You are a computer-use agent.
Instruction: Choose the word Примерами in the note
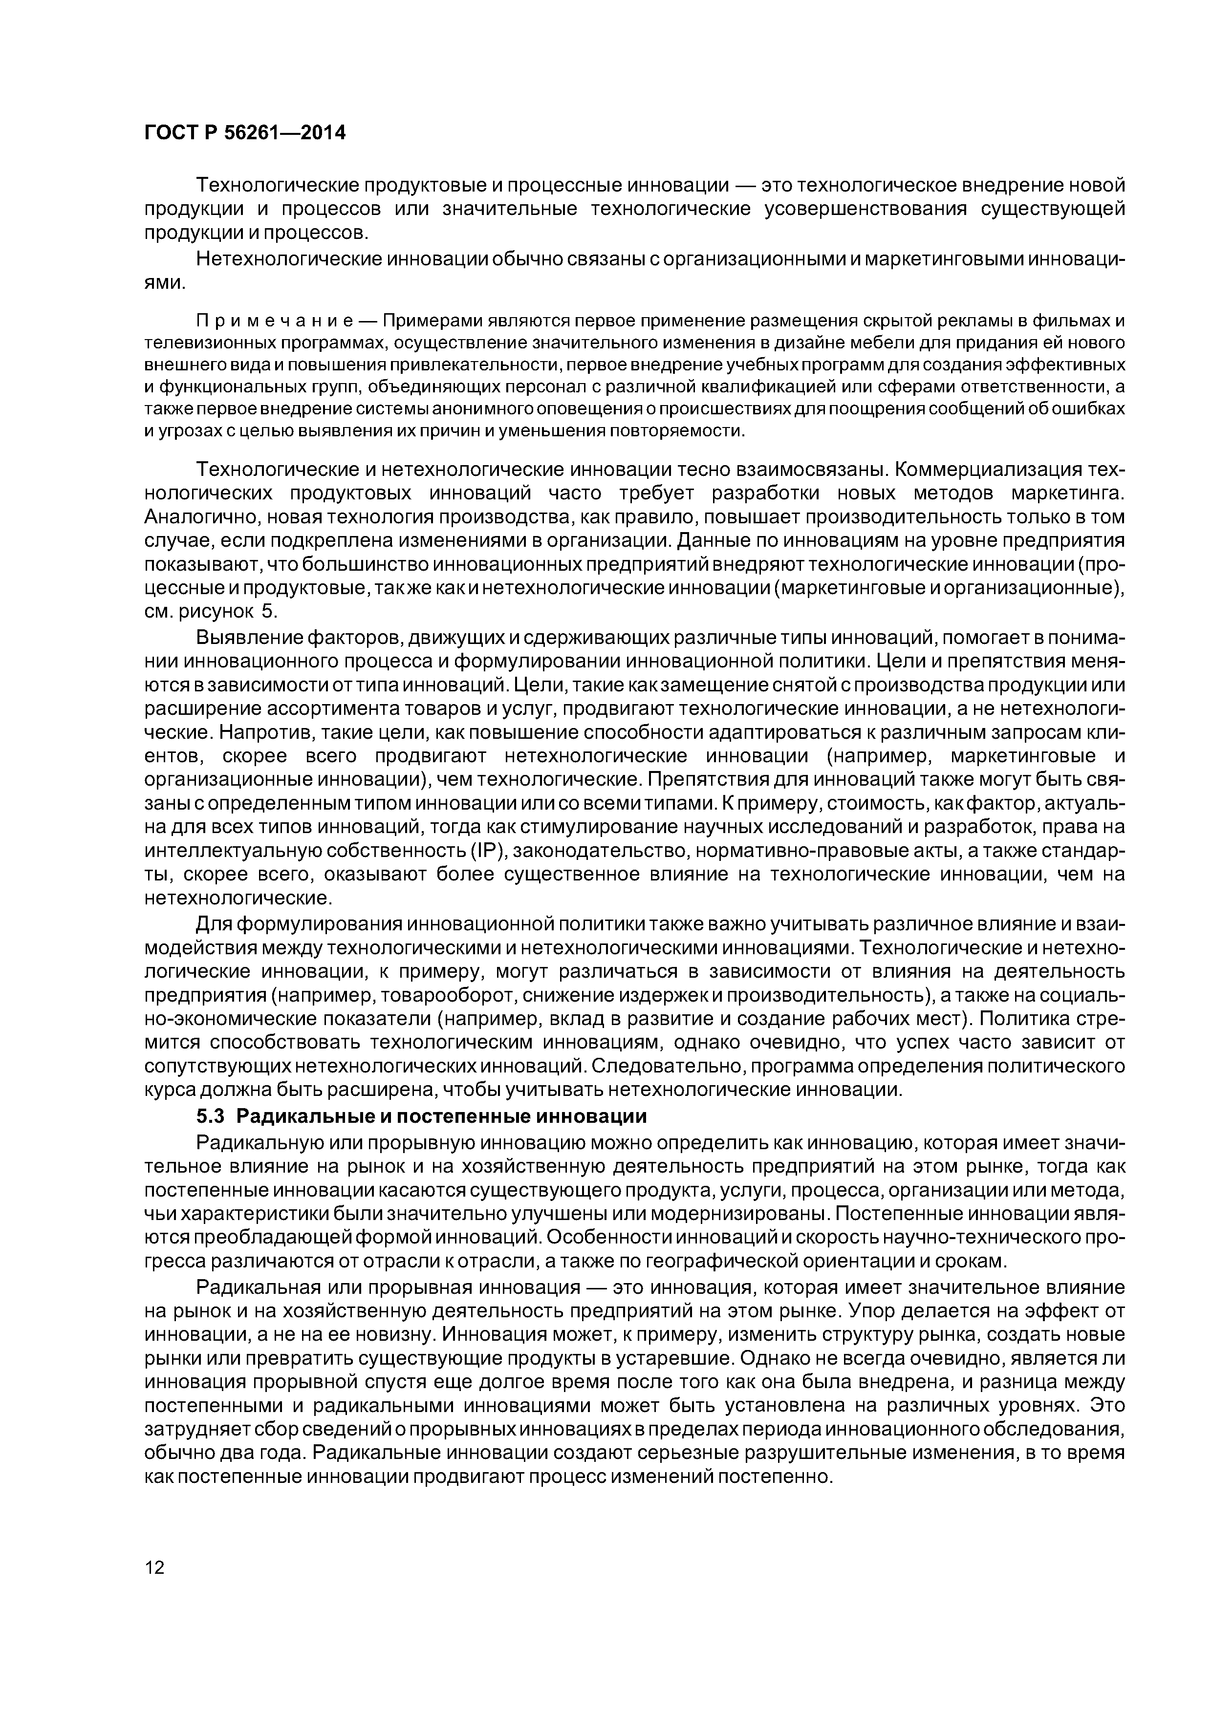click(x=433, y=321)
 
